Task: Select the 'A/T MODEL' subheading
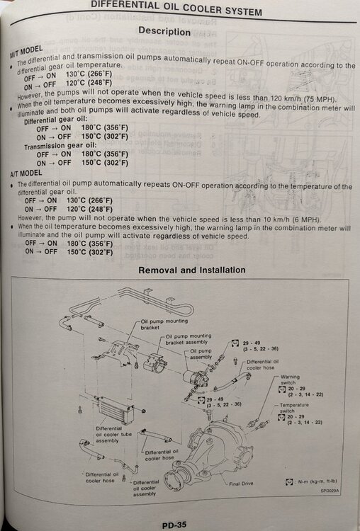click(x=26, y=178)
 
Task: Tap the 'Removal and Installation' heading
click(x=191, y=270)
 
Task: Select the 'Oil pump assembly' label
click(x=202, y=353)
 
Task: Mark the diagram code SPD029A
click(x=331, y=489)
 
